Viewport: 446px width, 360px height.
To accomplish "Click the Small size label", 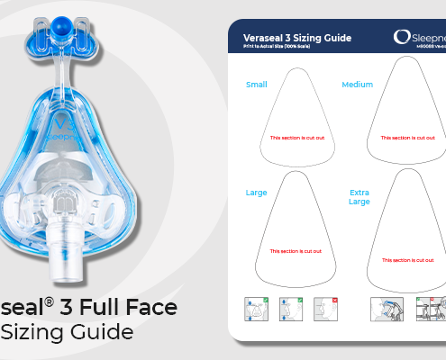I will tap(257, 85).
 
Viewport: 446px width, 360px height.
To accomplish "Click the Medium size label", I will tap(357, 85).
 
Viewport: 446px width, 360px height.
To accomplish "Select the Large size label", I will tap(257, 193).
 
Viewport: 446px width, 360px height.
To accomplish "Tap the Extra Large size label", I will tap(360, 197).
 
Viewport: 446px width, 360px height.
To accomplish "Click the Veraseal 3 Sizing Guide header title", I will tap(297, 38).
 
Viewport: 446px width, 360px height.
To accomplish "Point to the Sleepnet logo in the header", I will tap(420, 37).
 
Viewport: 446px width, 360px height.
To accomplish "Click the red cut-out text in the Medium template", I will tap(407, 138).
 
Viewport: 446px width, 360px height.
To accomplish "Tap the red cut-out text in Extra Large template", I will tap(407, 259).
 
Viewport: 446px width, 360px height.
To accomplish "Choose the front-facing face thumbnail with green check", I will tap(257, 309).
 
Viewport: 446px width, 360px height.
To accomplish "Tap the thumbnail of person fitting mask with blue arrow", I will tap(387, 309).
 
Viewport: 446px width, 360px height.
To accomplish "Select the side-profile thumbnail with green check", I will tap(290, 309).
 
